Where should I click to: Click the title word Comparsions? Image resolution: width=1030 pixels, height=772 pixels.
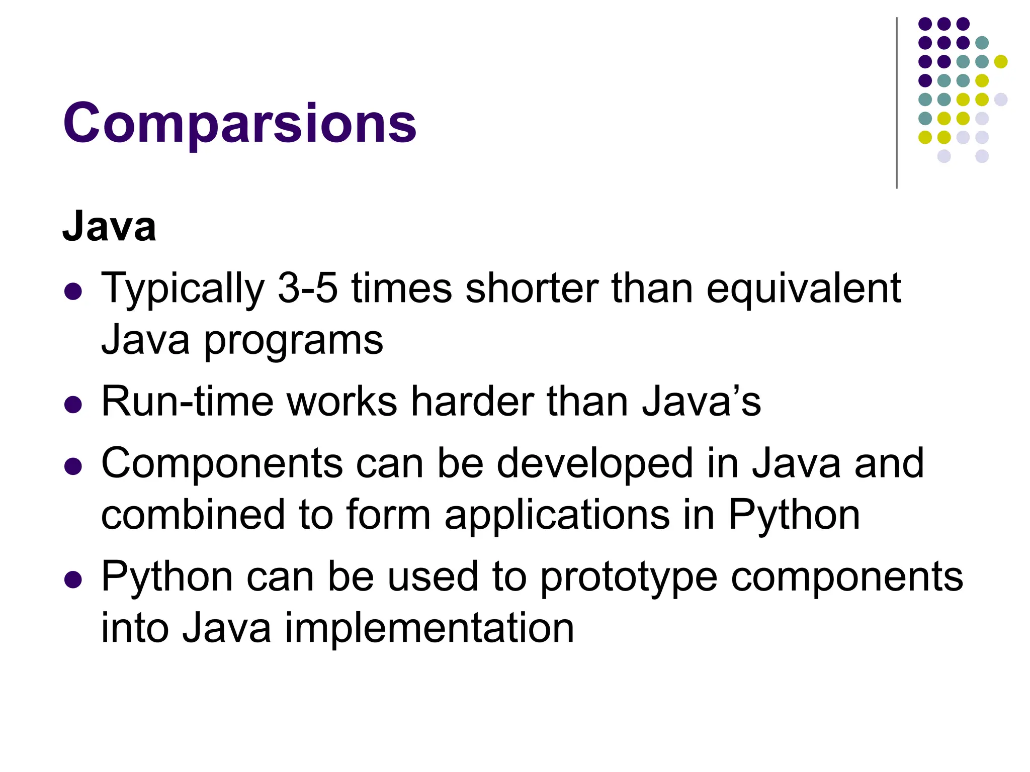click(x=239, y=124)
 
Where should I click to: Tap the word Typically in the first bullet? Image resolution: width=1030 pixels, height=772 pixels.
click(x=183, y=289)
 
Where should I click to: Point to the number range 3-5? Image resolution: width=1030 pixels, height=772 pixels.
click(x=307, y=288)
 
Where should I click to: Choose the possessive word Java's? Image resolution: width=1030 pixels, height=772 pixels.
click(x=701, y=402)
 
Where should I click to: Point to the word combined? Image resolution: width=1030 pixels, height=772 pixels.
click(x=193, y=515)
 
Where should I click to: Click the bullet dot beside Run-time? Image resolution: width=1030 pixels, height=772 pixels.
click(x=73, y=405)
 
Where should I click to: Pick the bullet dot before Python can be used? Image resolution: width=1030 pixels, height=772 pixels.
click(x=73, y=580)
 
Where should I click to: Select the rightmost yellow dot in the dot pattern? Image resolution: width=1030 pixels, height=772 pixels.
click(x=1001, y=62)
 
